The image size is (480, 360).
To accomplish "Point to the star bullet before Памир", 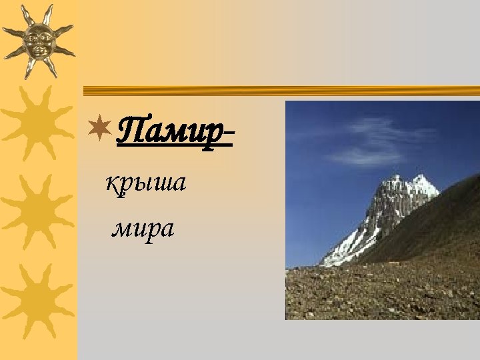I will [101, 127].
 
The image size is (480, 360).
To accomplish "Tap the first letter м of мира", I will [121, 230].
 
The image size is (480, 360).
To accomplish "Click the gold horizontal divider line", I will [280, 91].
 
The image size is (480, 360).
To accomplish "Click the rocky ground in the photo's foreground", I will [373, 293].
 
